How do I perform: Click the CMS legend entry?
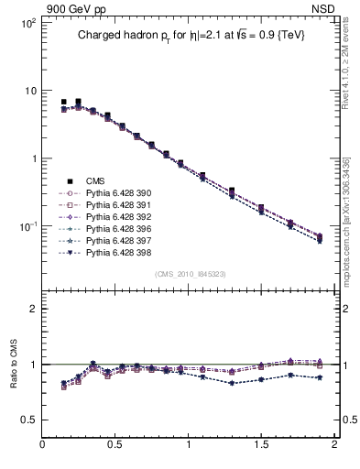[x=95, y=180]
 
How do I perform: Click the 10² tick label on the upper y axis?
[x=27, y=22]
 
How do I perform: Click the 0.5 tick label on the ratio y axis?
[x=27, y=420]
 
